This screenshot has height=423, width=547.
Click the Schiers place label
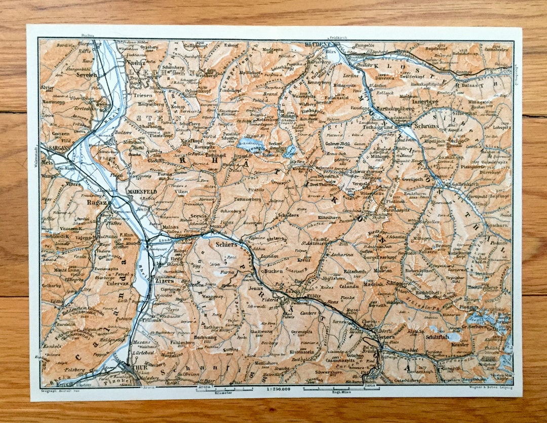click(x=226, y=244)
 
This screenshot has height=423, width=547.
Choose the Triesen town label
click(x=143, y=94)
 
